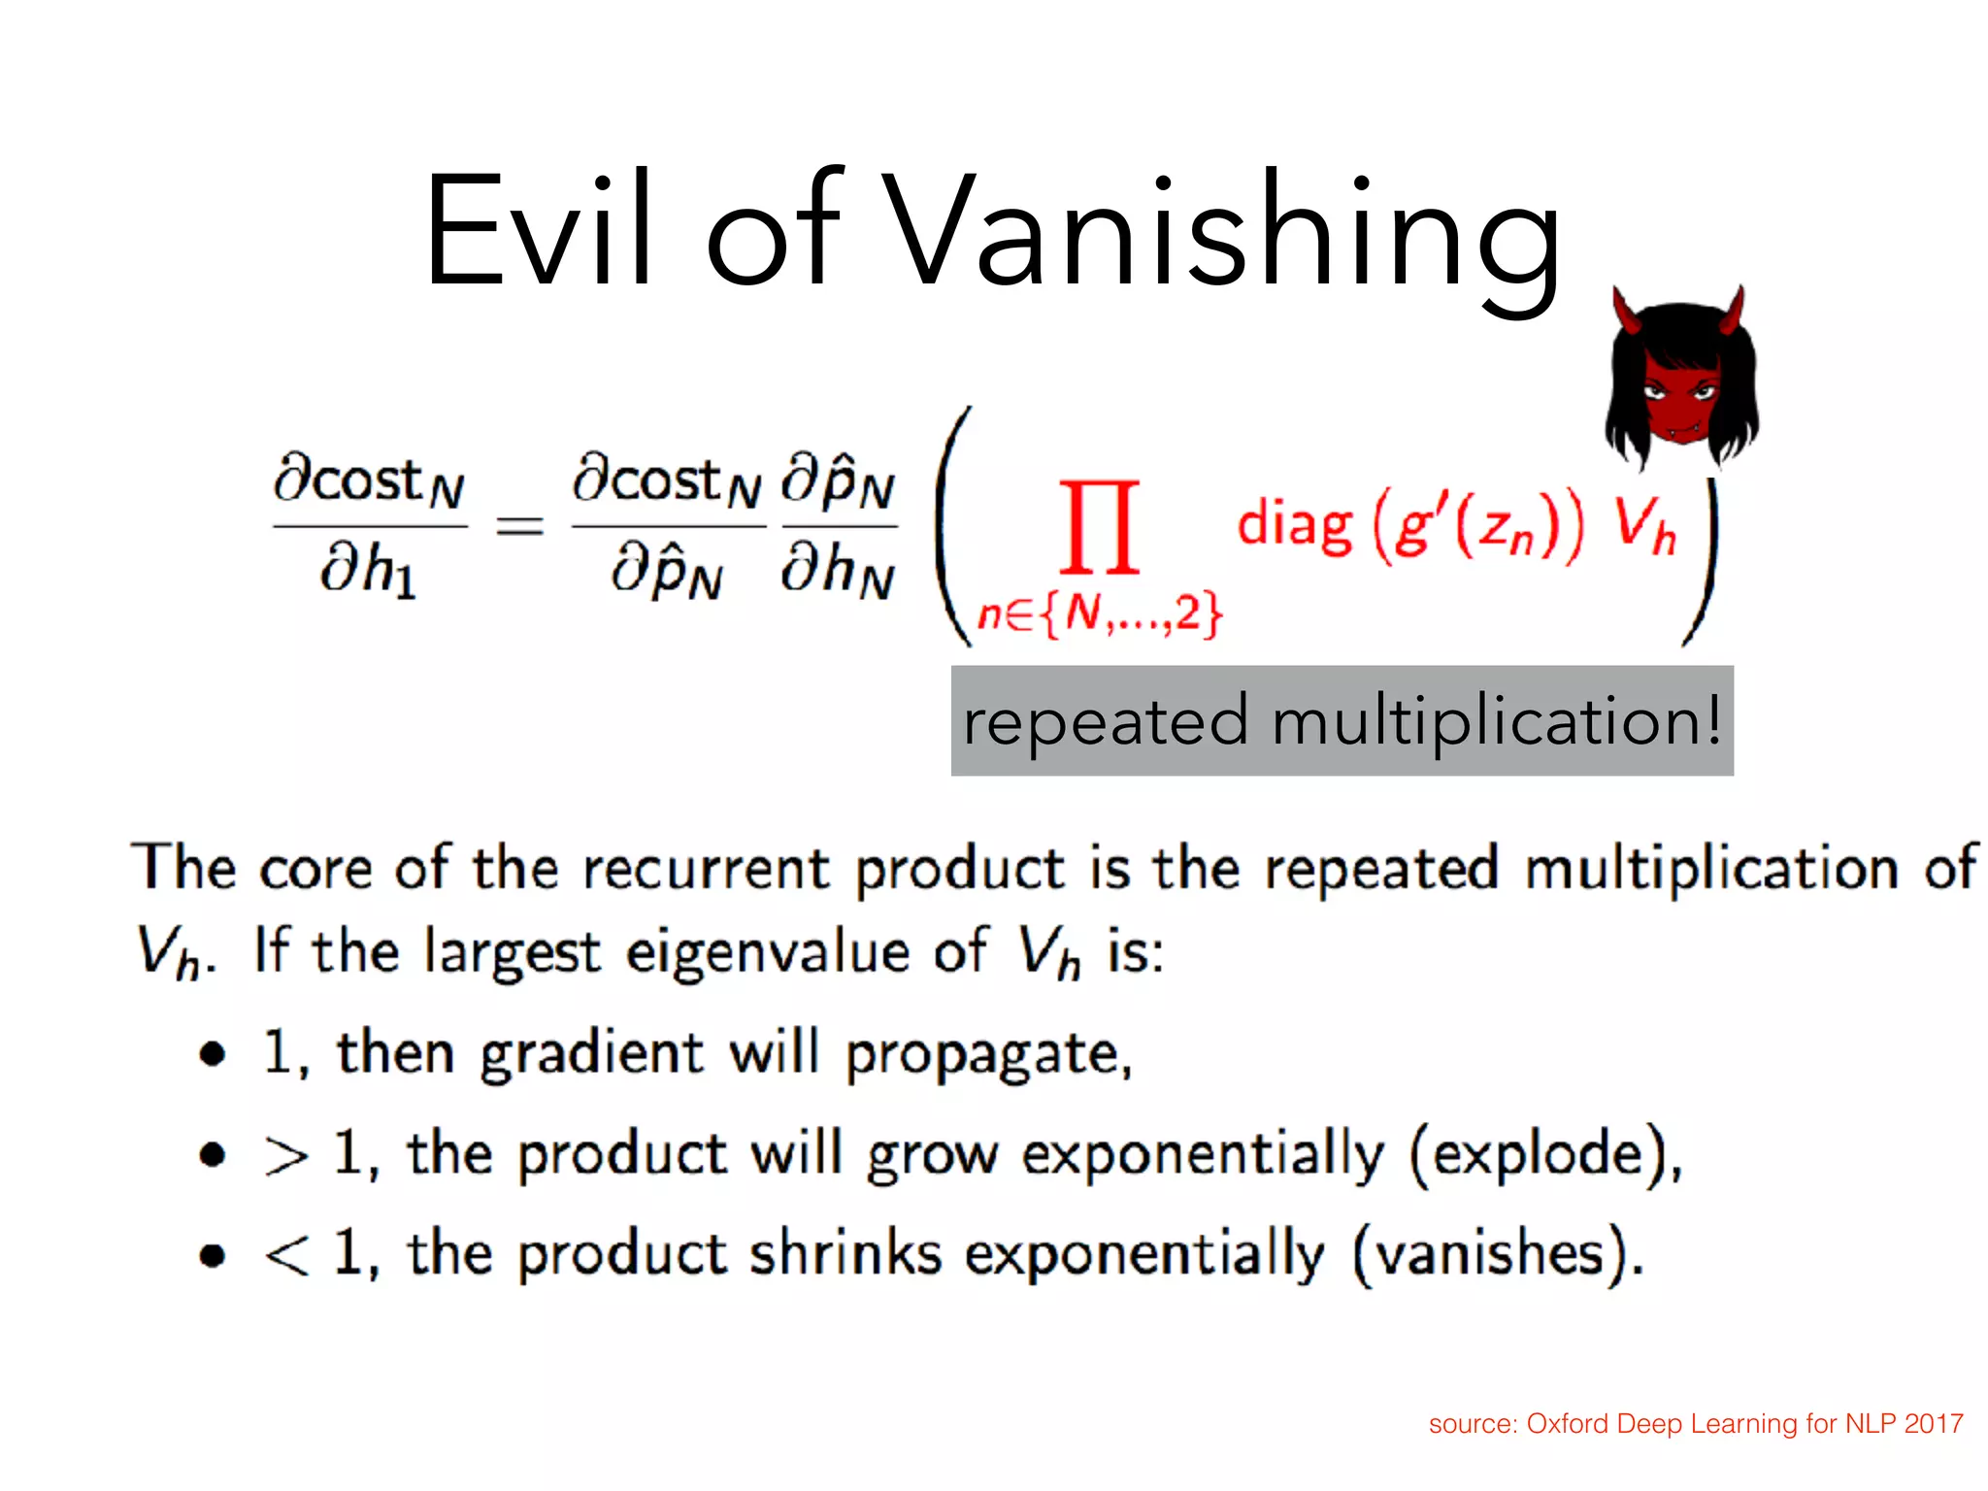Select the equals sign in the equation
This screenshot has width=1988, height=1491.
pos(519,527)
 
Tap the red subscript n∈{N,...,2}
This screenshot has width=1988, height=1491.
pos(1099,613)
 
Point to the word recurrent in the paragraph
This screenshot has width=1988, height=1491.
pos(718,867)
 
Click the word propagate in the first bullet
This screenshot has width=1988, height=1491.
pos(986,1055)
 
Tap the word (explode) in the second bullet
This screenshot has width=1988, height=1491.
pos(1543,1155)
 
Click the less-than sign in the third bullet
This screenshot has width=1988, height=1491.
pos(285,1255)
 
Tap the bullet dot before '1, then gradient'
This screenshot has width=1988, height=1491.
pos(213,1054)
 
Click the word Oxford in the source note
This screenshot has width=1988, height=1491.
pos(1568,1424)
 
